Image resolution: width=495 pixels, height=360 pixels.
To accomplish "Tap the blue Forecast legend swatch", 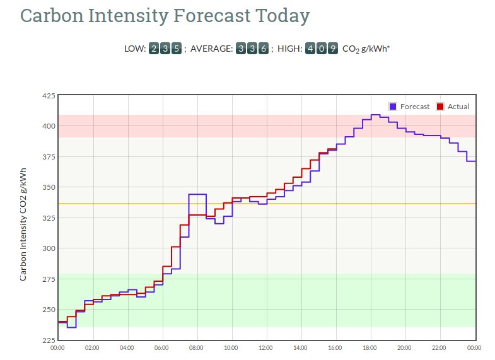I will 393,107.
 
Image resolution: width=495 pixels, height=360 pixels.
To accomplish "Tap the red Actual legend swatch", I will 440,107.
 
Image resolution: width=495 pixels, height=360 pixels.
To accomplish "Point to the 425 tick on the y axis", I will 48,96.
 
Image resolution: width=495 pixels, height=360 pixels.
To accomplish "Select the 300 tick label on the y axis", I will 48,248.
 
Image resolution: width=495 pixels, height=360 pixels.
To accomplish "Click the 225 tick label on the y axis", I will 48,340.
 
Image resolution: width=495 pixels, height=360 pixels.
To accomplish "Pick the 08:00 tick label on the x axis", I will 197,347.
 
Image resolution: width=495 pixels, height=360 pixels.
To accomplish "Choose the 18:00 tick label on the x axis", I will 370,347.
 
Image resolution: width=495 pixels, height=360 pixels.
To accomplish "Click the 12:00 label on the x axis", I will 266,347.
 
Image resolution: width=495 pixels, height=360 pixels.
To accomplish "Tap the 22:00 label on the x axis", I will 440,347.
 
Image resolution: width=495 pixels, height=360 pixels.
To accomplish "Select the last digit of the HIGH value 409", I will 332,49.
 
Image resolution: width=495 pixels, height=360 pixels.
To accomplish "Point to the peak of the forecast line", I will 375,115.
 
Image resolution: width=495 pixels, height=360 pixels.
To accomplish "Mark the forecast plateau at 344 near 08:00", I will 197,194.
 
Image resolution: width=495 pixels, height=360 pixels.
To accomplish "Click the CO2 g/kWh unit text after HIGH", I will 366,49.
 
